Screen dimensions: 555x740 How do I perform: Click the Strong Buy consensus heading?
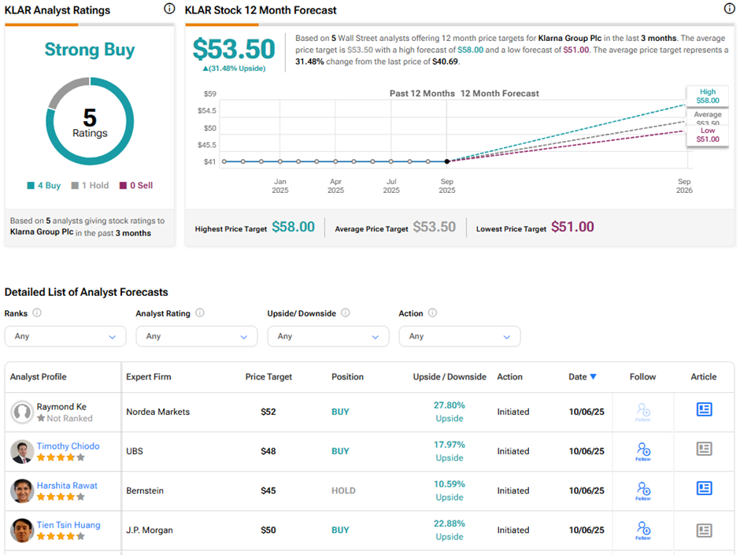[89, 50]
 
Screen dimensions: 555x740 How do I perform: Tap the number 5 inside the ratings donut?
[90, 117]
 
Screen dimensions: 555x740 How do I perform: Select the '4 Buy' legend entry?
[43, 186]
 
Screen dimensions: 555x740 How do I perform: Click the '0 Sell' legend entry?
[135, 186]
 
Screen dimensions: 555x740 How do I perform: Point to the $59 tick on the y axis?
[209, 94]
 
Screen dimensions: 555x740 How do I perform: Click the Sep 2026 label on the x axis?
[684, 186]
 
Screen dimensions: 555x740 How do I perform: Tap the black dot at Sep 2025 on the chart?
[447, 161]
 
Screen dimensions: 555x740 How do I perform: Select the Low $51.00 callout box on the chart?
[708, 135]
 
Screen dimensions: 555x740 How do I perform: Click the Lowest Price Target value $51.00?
[572, 227]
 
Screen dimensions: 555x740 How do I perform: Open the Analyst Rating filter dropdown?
[196, 336]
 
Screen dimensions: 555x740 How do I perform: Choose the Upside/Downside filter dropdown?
[327, 336]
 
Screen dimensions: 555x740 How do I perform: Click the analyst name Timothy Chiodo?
[68, 446]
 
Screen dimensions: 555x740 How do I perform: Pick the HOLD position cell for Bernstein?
[343, 490]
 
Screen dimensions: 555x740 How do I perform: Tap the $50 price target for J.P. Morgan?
[268, 530]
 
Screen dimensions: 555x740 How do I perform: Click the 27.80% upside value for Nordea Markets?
[450, 405]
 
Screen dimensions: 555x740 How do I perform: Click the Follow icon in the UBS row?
[643, 451]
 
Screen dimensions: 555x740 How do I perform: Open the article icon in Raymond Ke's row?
[704, 409]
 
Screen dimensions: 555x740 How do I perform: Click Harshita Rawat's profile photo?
[22, 490]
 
